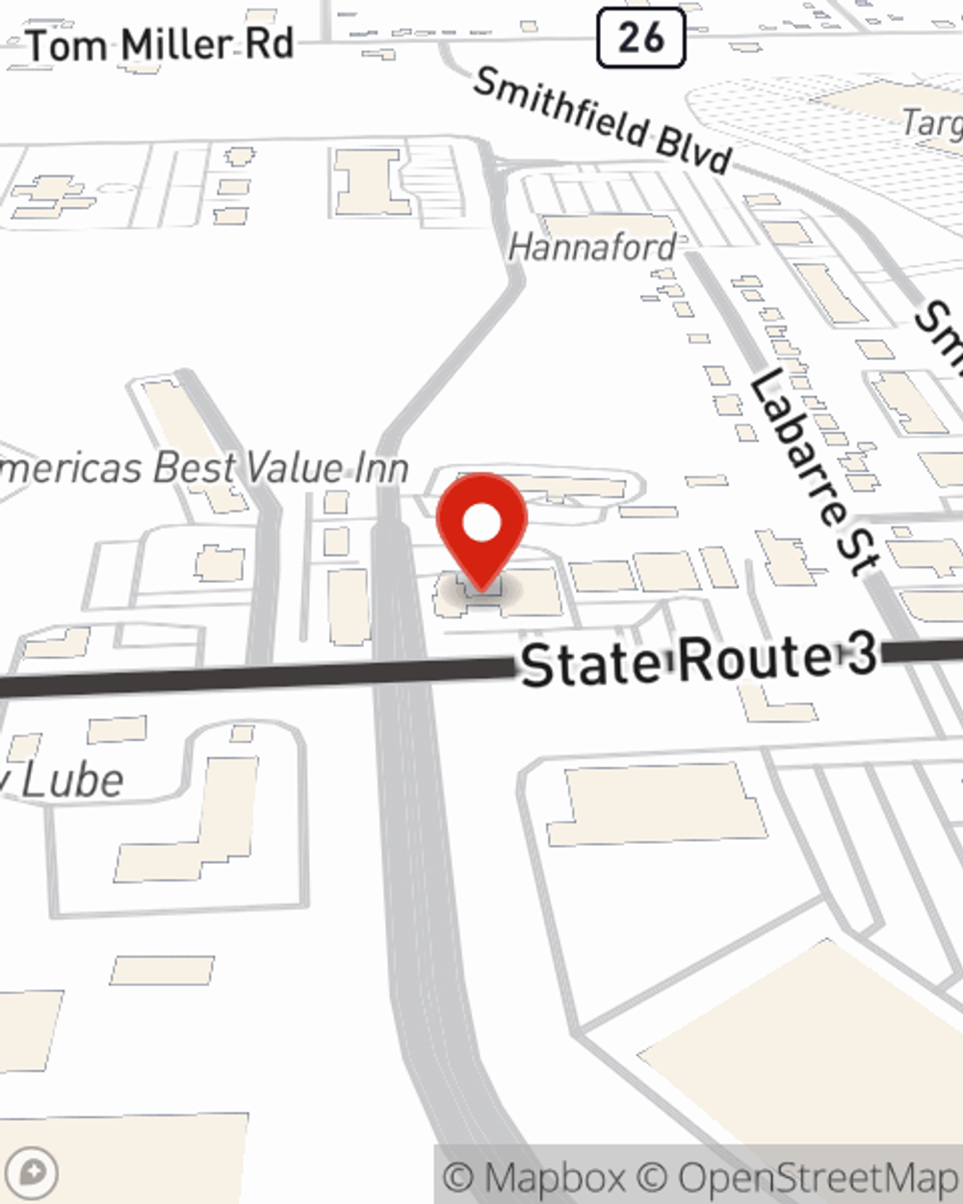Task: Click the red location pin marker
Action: click(x=481, y=530)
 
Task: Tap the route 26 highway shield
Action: click(x=640, y=38)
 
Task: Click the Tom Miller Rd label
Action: click(x=160, y=45)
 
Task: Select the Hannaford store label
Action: click(x=592, y=248)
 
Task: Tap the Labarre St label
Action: click(x=815, y=472)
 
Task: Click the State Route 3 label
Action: click(x=698, y=662)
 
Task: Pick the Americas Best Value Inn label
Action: click(x=202, y=469)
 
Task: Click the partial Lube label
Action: click(x=63, y=780)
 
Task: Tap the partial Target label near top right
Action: click(x=932, y=123)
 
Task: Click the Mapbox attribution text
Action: click(x=534, y=1177)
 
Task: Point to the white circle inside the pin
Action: click(x=481, y=524)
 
